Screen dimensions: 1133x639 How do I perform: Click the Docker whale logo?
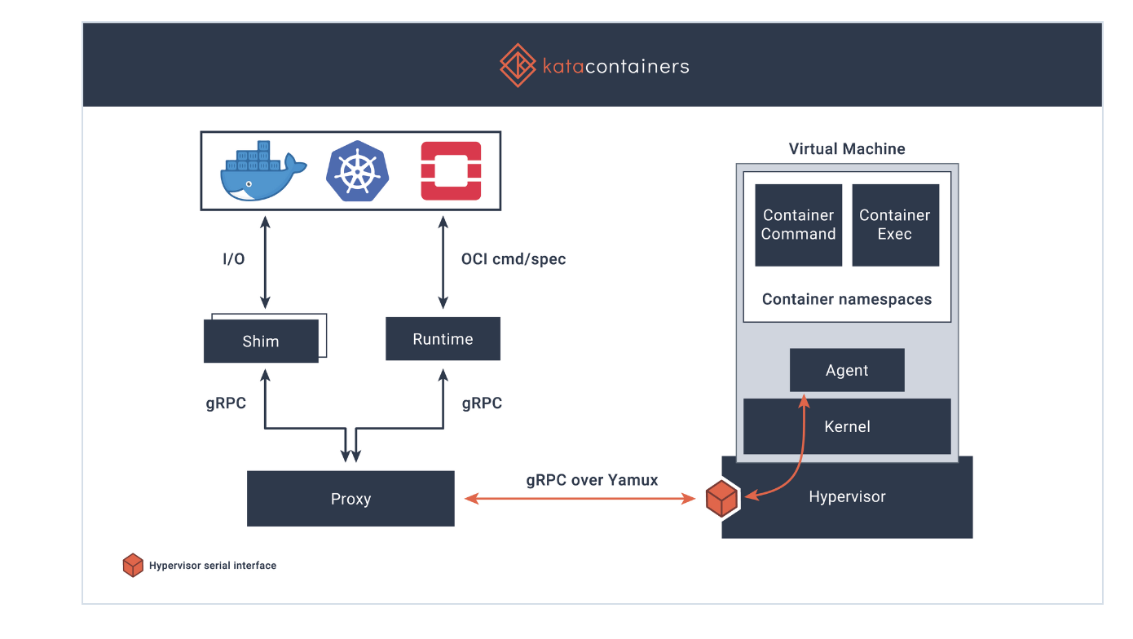click(x=263, y=171)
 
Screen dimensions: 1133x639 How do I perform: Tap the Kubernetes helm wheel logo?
click(x=358, y=171)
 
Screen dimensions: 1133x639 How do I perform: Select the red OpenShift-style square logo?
click(x=452, y=171)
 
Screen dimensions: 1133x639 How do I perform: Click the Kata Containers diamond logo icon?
click(x=518, y=65)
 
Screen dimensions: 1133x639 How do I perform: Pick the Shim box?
click(x=261, y=341)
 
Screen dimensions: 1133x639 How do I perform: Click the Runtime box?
click(x=443, y=339)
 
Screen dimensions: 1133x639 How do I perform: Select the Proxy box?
click(x=350, y=499)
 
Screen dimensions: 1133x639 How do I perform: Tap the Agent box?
click(x=847, y=370)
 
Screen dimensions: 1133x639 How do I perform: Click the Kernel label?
click(x=847, y=426)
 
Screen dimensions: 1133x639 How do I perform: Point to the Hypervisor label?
click(x=847, y=497)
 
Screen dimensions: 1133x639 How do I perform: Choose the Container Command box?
click(x=799, y=225)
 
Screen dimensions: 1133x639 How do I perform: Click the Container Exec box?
click(x=896, y=225)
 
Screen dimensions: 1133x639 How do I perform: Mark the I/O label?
click(x=234, y=259)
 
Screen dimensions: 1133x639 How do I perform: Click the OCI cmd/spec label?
click(x=514, y=259)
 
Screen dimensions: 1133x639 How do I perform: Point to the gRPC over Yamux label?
click(x=592, y=480)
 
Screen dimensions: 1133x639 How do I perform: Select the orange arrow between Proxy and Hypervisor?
click(x=580, y=499)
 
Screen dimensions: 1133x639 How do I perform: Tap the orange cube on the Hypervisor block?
click(x=722, y=499)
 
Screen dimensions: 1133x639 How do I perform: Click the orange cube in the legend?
click(x=133, y=565)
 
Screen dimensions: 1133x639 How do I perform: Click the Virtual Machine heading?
click(x=847, y=148)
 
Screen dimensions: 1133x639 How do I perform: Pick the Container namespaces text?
click(x=847, y=299)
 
